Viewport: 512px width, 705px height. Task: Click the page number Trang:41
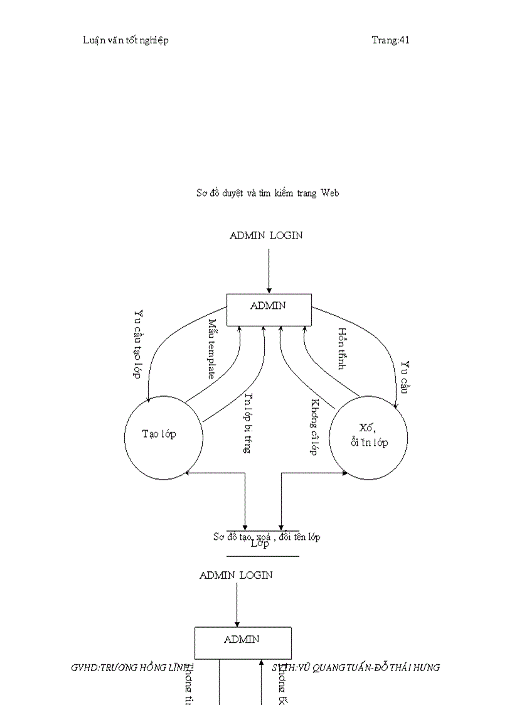tap(390, 40)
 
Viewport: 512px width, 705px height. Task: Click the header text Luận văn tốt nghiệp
tap(125, 40)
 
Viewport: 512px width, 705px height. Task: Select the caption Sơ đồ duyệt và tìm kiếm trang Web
tap(268, 193)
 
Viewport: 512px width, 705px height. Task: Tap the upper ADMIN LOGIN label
tap(266, 235)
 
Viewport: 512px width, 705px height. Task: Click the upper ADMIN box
tap(269, 309)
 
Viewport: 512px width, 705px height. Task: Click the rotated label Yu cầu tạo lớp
tap(137, 343)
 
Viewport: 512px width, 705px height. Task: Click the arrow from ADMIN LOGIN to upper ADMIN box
tap(269, 271)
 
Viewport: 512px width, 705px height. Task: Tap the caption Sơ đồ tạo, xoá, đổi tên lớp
tap(267, 537)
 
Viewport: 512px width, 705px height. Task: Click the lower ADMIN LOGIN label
tap(236, 575)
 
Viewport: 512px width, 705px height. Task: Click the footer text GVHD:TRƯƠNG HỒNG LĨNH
tap(132, 668)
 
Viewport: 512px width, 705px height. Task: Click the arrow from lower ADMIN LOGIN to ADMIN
tap(237, 604)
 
